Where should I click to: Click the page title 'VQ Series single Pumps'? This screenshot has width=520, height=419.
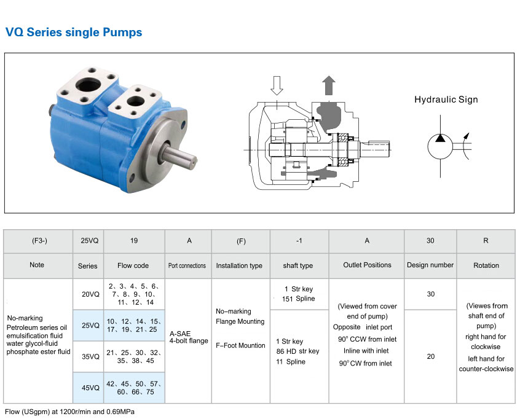[74, 32]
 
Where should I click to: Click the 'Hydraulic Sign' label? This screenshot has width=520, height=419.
[446, 100]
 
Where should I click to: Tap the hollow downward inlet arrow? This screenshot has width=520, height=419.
[277, 85]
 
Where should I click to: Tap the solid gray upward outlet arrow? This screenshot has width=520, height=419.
[329, 85]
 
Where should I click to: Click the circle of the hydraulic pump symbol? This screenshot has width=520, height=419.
[440, 146]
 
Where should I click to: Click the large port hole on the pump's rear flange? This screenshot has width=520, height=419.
[87, 85]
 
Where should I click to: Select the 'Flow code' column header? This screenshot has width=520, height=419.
[133, 265]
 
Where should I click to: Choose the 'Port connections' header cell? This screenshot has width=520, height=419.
[187, 265]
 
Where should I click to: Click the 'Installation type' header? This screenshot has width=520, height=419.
[239, 265]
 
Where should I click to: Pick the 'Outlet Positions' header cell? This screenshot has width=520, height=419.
[367, 265]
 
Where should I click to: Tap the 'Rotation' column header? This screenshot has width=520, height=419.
[486, 265]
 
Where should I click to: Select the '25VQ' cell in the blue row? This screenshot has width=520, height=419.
[90, 325]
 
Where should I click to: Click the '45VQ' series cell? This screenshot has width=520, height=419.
[90, 388]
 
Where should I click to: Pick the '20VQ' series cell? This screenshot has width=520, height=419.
[90, 294]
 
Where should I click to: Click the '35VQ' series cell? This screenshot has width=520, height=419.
[90, 356]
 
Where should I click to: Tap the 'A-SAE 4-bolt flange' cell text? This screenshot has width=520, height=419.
[189, 337]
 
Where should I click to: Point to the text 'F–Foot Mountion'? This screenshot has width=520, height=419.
[240, 345]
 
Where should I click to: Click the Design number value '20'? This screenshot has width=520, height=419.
[430, 356]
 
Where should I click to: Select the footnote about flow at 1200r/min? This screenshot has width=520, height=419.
[69, 412]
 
